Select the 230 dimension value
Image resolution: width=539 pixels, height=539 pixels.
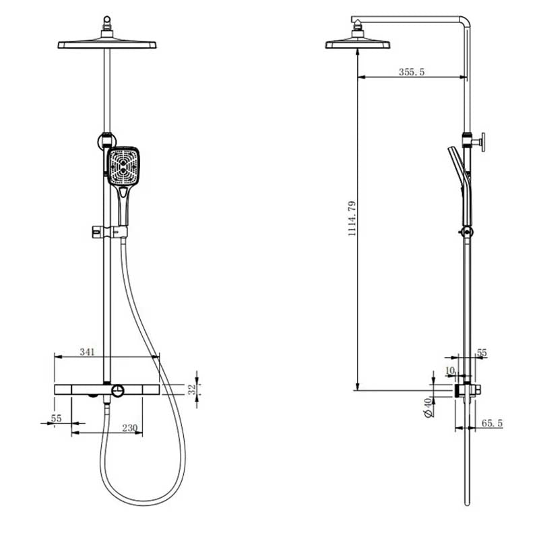129,426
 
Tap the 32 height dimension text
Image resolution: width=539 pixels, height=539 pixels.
191,389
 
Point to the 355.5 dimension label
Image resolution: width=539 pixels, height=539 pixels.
411,72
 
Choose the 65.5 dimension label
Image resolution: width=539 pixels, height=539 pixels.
492,423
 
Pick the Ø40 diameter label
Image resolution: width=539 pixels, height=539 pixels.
426,408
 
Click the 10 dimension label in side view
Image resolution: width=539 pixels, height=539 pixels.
450,371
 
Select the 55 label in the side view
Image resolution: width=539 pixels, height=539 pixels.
481,352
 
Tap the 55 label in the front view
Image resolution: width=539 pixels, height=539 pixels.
56,418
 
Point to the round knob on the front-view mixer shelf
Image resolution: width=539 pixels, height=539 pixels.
119,391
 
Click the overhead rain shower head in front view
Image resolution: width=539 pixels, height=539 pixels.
108,44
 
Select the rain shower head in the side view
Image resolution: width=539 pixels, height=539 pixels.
358,44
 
